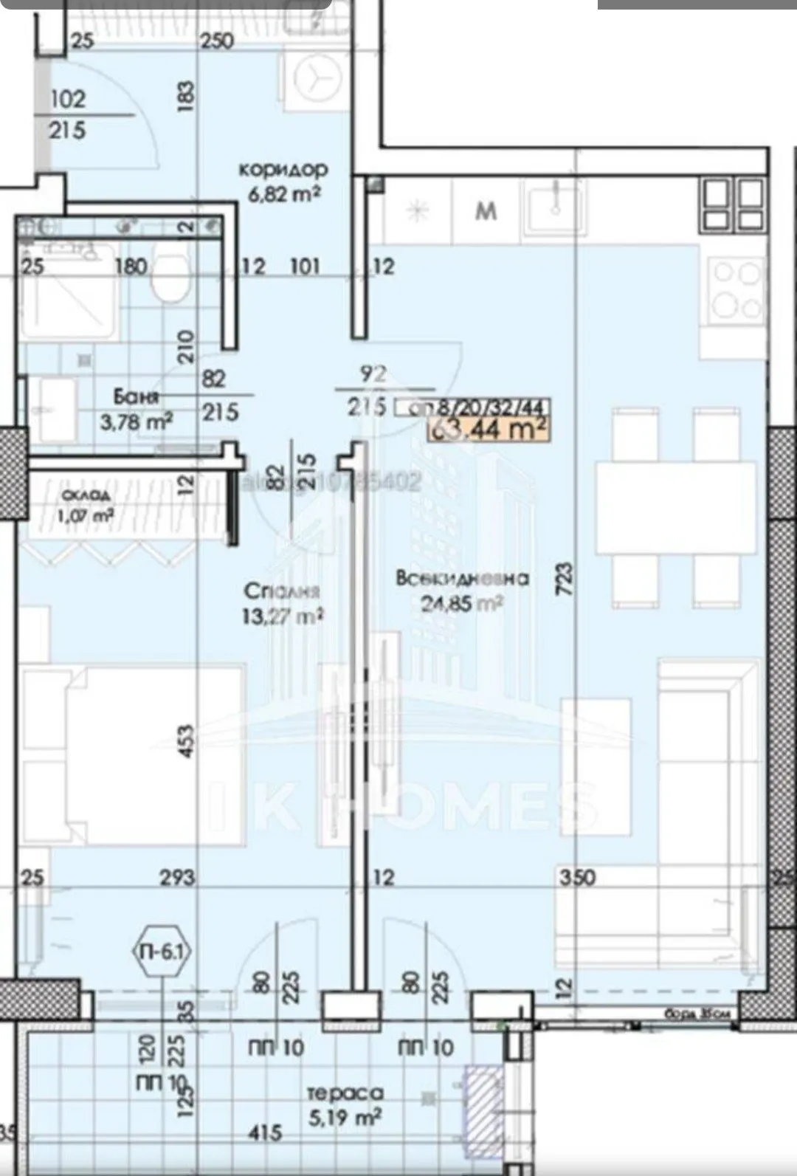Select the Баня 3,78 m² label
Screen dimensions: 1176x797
tap(137, 408)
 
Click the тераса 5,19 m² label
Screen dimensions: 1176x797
tap(345, 1105)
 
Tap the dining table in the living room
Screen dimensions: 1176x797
tap(675, 507)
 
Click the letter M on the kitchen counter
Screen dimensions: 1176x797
tap(486, 212)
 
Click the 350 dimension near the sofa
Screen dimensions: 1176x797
tap(577, 877)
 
